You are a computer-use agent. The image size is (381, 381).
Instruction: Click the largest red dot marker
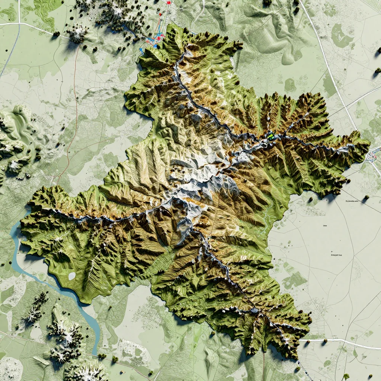click(169, 2)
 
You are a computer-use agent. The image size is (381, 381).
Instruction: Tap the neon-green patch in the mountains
click(270, 136)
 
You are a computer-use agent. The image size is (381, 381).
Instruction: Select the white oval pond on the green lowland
click(72, 276)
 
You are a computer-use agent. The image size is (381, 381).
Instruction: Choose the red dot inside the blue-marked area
click(159, 38)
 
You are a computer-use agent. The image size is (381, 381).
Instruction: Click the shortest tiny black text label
click(325, 225)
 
